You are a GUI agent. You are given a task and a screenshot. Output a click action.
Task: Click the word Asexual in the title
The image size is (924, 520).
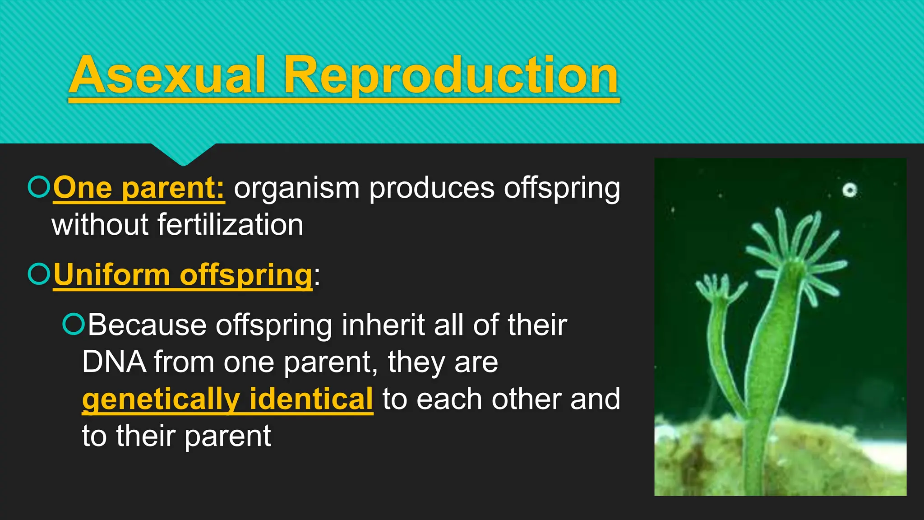tap(167, 76)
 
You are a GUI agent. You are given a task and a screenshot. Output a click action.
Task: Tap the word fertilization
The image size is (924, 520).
tap(230, 225)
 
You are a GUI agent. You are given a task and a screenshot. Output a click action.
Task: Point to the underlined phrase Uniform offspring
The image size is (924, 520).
tap(182, 274)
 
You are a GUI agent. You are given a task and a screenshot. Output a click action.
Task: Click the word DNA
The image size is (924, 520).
tap(114, 362)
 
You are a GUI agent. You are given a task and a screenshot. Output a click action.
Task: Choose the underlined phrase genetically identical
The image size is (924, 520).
tap(227, 399)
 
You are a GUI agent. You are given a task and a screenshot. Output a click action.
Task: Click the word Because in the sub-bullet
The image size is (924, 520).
tap(147, 325)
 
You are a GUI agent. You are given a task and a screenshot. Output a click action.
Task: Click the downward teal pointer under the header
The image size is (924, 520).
tap(183, 154)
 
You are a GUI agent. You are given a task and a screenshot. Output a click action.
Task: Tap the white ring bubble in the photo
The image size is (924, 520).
tap(850, 190)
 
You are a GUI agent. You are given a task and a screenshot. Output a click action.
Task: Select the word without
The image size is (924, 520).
tap(100, 225)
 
